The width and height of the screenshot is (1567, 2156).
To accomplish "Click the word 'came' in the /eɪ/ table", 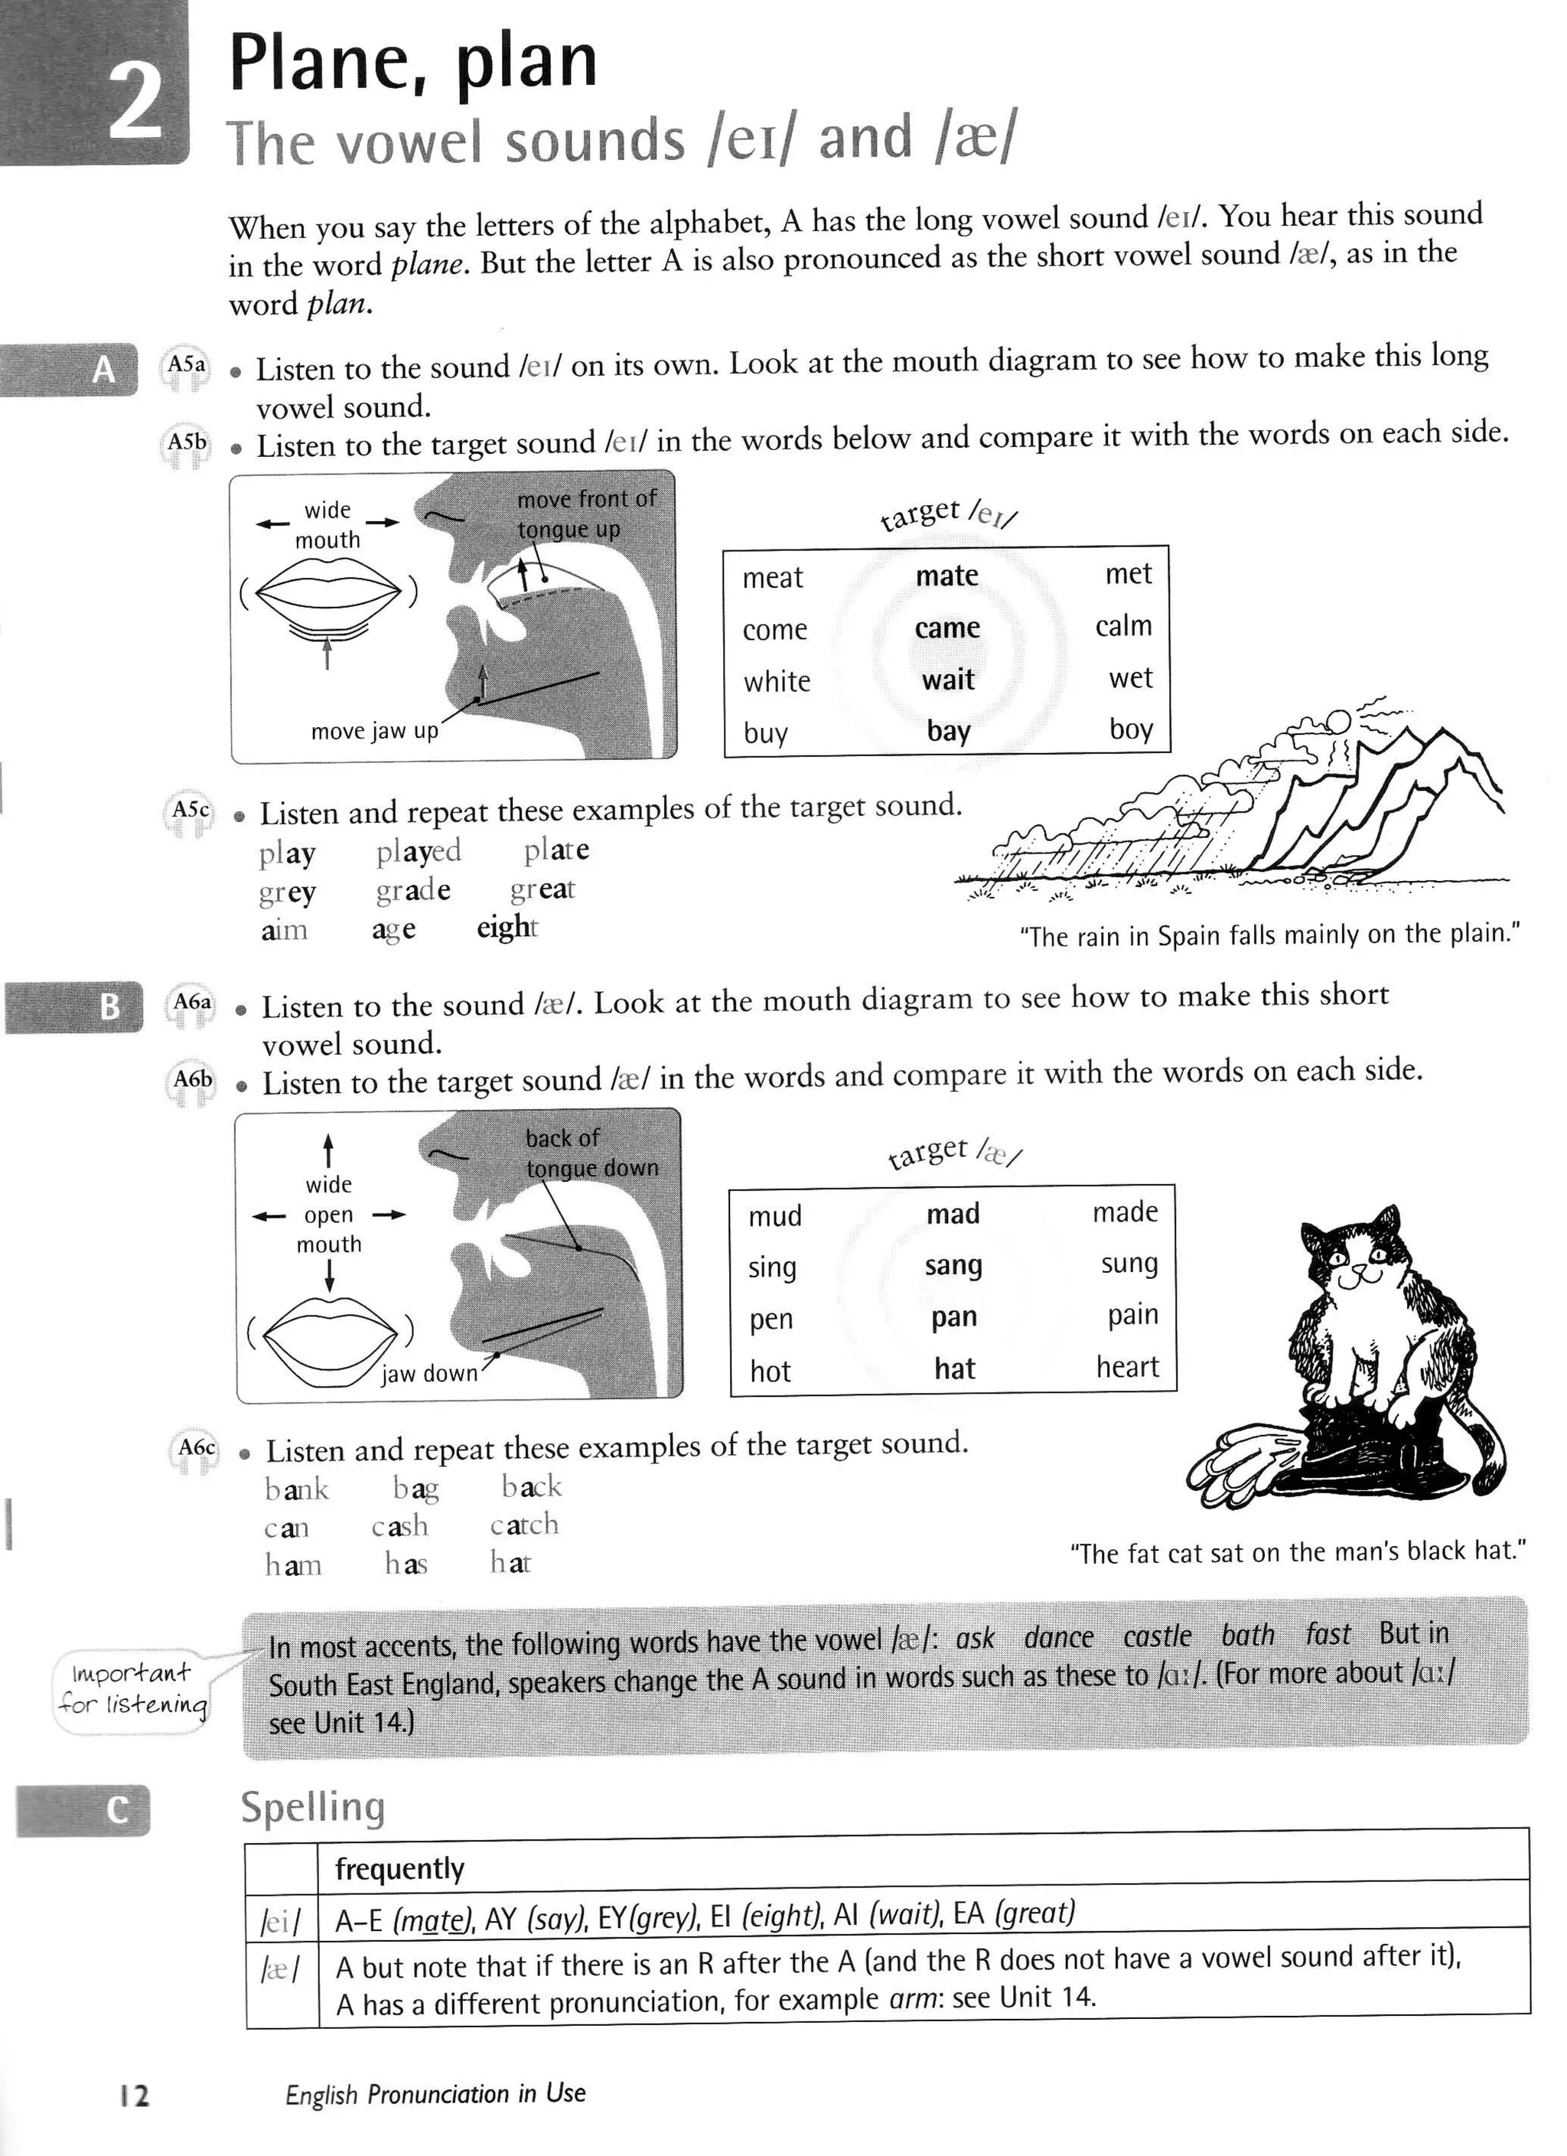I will (946, 628).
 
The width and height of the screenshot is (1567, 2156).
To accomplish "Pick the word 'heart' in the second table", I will (1127, 1367).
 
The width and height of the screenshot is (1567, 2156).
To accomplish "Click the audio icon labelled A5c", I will (189, 814).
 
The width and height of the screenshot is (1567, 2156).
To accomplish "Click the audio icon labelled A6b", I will (191, 1084).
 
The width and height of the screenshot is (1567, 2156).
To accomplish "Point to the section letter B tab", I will (109, 1006).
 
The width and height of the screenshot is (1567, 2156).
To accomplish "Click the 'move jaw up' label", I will (374, 731).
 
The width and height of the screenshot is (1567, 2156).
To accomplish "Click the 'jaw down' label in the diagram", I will (429, 1374).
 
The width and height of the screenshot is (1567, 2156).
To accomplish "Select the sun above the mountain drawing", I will (1338, 719).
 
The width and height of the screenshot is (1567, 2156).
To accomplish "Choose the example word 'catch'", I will (523, 1525).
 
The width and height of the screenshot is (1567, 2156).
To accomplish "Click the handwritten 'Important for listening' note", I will (131, 1689).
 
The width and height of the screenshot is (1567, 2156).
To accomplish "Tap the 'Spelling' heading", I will (313, 1806).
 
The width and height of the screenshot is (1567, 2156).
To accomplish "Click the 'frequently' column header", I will (399, 1869).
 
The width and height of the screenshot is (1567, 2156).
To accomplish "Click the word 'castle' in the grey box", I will (1156, 1636).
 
